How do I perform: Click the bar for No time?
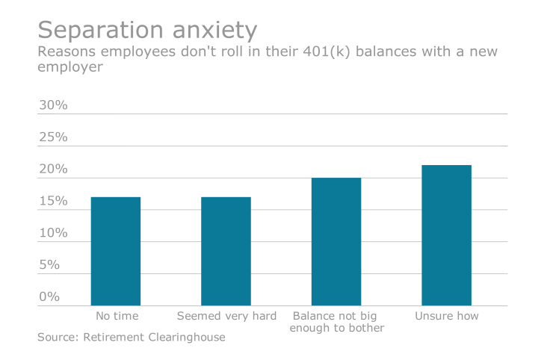click(x=116, y=251)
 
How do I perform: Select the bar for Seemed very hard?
click(x=226, y=251)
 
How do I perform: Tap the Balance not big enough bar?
click(x=336, y=241)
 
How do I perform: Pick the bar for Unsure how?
click(x=446, y=235)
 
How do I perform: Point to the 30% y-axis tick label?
click(x=53, y=105)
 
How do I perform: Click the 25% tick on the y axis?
click(x=53, y=137)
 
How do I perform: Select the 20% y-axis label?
click(x=53, y=170)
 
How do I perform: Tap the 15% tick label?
click(x=53, y=202)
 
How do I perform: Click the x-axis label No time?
click(x=116, y=316)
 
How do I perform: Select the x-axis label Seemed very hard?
click(x=226, y=316)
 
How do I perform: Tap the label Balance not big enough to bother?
click(x=336, y=322)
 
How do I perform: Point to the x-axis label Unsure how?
click(x=446, y=316)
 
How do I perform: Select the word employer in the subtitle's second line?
click(x=69, y=67)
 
